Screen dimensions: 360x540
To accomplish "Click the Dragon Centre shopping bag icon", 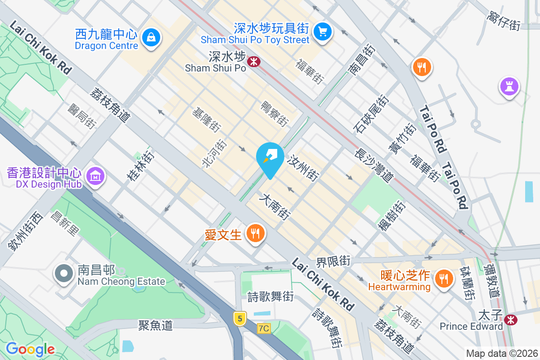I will pos(152,37).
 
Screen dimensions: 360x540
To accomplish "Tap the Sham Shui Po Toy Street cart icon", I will pos(322,31).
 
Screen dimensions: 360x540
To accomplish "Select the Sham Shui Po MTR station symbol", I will pos(254,61).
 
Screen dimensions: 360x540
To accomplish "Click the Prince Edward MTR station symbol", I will pos(510,320).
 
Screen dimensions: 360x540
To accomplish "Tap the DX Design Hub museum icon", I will pos(95,176).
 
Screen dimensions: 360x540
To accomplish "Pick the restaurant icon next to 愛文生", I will pos(255,234).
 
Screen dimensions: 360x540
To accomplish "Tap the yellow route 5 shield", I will pos(240,319).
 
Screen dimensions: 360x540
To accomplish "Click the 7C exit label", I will pos(264,328).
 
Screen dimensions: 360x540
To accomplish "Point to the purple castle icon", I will pos(509,86).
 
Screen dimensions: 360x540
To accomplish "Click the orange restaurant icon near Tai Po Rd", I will pos(422,67).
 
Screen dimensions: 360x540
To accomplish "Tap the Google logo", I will pos(30,349).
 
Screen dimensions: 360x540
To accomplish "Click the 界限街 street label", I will pos(333,261).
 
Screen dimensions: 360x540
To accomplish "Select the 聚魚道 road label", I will pos(155,325).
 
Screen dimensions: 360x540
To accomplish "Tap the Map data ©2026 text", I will pos(502,354).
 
